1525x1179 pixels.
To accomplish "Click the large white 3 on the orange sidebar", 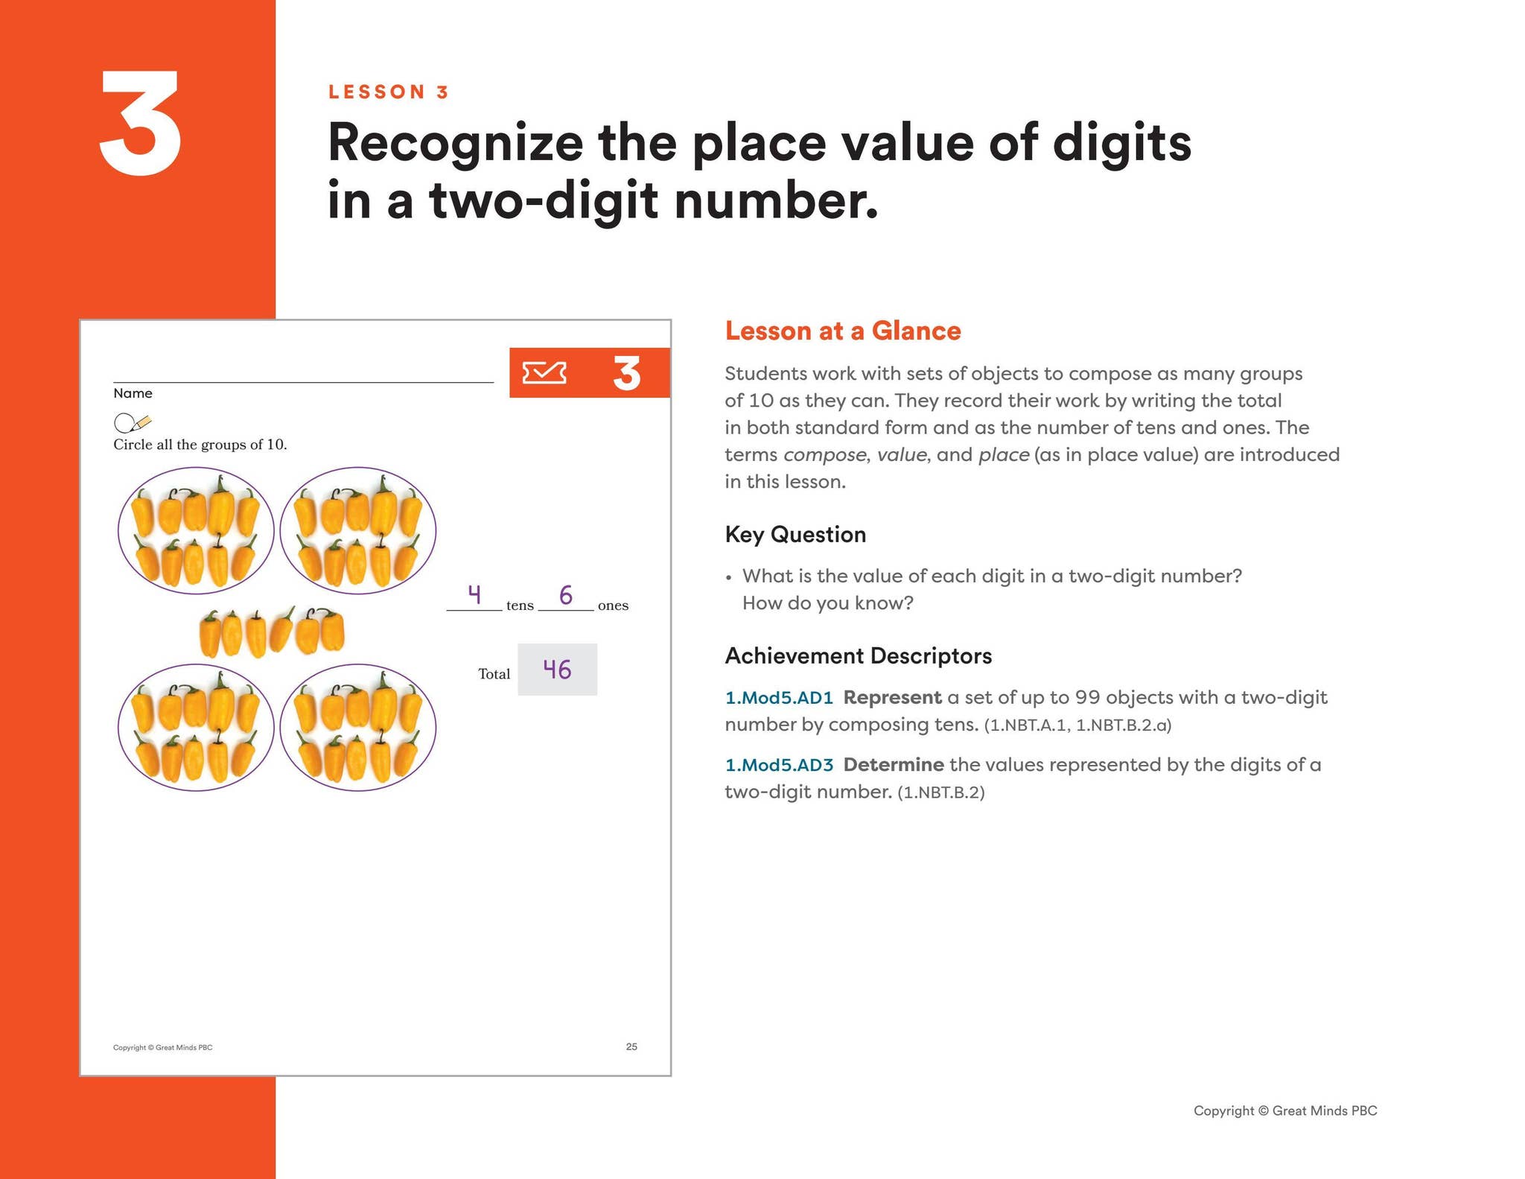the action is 140,124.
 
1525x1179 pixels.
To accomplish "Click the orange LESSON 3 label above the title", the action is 389,92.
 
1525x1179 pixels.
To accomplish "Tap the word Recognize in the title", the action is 455,144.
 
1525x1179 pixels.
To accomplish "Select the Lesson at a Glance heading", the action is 843,331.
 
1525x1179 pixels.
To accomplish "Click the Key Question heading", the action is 795,534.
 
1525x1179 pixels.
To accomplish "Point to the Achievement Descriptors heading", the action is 859,655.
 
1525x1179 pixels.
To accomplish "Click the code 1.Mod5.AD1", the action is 779,697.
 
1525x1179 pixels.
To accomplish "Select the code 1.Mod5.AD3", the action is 779,764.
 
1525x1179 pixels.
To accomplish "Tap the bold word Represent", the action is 892,699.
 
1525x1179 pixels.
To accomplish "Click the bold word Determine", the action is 894,764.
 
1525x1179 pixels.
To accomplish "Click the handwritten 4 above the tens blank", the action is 474,594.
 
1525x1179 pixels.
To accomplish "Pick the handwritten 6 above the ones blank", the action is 566,594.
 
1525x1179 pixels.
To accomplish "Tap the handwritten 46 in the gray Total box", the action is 557,669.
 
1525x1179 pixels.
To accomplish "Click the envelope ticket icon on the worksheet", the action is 544,372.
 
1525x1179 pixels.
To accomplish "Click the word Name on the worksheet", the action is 133,393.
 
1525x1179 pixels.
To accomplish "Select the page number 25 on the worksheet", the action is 631,1046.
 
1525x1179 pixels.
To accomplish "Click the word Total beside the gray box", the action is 494,673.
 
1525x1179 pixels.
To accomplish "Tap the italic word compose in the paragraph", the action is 825,455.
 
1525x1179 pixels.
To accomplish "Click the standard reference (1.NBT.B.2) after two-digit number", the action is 941,792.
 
